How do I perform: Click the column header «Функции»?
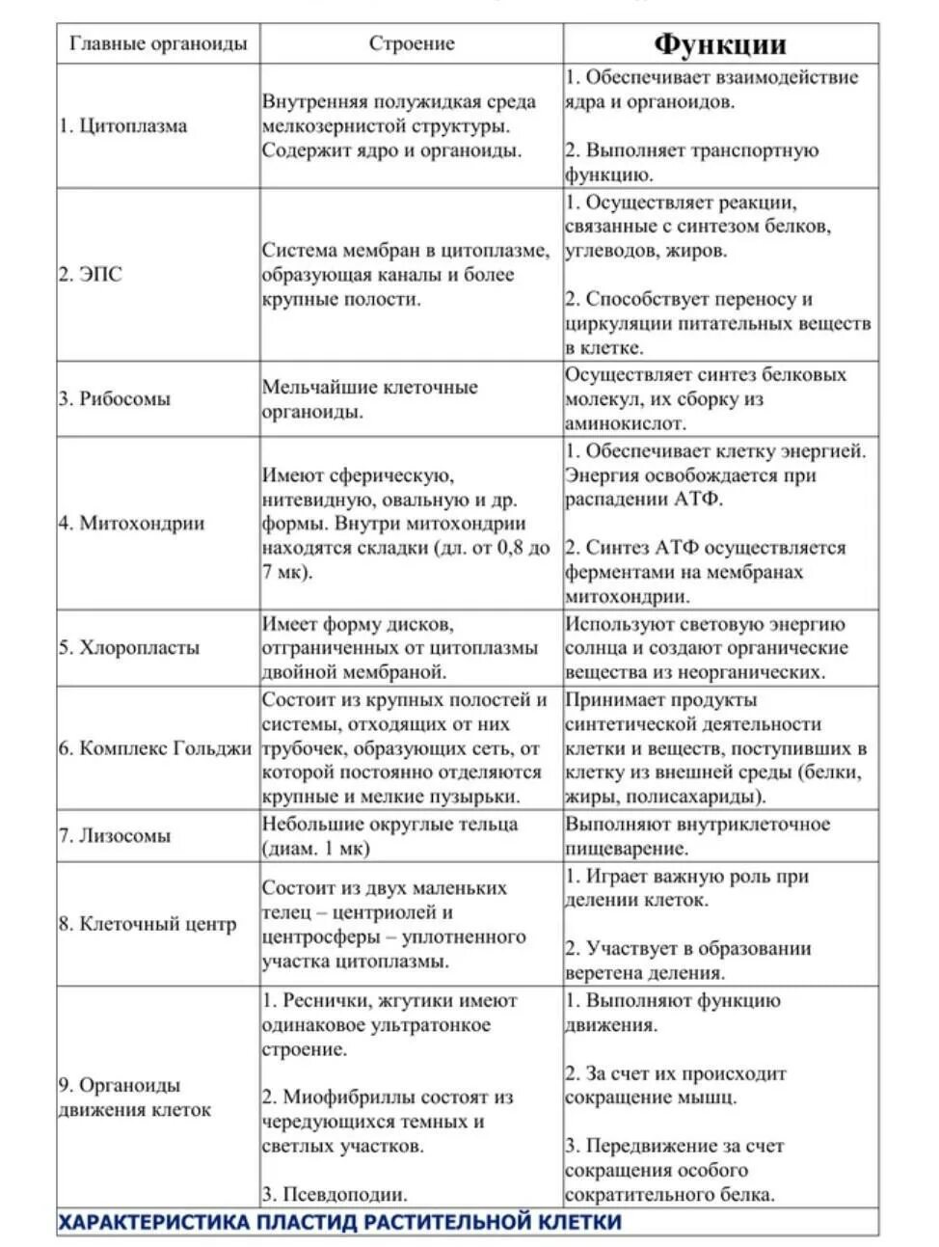(720, 44)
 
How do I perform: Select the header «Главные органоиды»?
(158, 43)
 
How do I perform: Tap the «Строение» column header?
(412, 43)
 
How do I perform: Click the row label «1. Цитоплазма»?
(122, 125)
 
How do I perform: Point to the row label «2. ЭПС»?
(90, 275)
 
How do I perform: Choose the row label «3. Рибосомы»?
(115, 399)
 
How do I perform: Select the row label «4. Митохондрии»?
(131, 524)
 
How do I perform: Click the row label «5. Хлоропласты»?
(128, 647)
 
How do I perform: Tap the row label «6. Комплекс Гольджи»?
(155, 748)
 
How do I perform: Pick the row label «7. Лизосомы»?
(115, 836)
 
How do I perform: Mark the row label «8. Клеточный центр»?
(148, 924)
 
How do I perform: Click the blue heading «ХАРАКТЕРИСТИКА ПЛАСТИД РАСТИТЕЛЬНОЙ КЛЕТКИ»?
(339, 1222)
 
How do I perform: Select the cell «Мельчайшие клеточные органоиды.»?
(370, 399)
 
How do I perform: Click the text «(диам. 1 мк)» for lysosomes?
(316, 849)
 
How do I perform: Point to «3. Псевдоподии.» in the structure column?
(334, 1194)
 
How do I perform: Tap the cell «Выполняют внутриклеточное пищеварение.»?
(697, 836)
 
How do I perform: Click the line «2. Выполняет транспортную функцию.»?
(690, 162)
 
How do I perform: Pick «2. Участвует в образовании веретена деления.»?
(687, 961)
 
